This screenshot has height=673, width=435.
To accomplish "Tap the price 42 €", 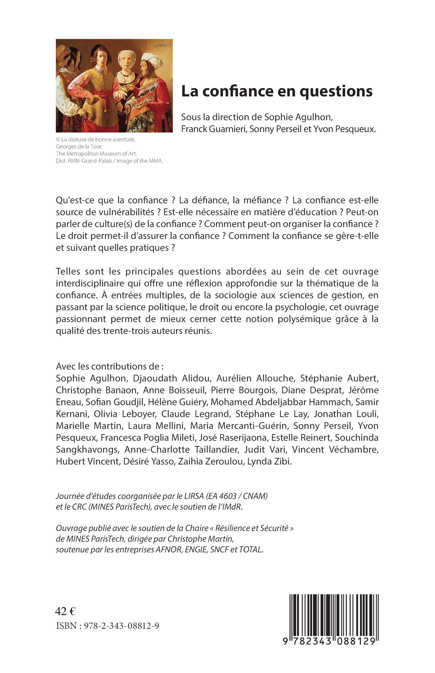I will click(65, 611).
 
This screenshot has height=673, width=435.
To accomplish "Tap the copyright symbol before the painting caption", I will click(58, 139).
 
